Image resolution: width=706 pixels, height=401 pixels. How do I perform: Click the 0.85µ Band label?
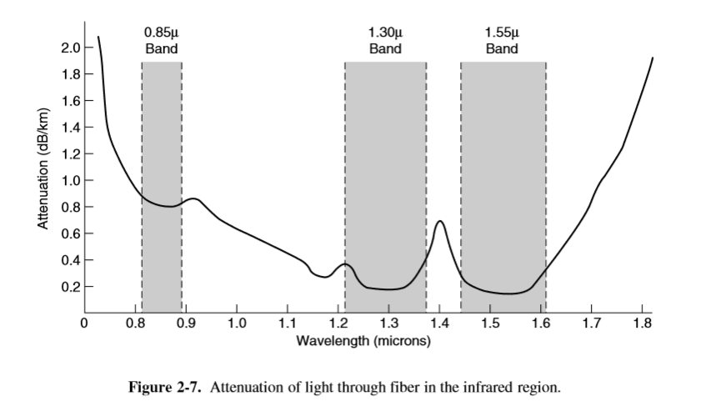point(161,41)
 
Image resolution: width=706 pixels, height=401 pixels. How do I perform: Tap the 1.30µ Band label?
point(385,41)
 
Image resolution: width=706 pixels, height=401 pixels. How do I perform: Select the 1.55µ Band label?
point(502,41)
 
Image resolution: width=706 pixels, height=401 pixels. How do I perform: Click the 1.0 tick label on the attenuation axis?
point(70,181)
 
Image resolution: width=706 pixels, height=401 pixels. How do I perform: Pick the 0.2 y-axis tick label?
point(70,287)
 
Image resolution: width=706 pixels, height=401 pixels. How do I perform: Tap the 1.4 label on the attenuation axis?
point(70,128)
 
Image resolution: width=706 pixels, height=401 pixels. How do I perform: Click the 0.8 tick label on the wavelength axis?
point(134,323)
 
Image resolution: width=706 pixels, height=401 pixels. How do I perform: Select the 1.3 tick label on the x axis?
point(388,323)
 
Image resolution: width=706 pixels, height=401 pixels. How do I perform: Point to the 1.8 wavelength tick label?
point(642,323)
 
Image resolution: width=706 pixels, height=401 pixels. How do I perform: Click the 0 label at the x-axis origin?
point(83,323)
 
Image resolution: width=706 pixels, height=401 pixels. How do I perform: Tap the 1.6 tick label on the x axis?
point(540,323)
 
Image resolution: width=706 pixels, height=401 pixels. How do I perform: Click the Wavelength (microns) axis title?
point(363,342)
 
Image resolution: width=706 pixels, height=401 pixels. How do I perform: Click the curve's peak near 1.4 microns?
point(439,222)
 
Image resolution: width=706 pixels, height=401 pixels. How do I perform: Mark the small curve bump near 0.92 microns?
point(194,199)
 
